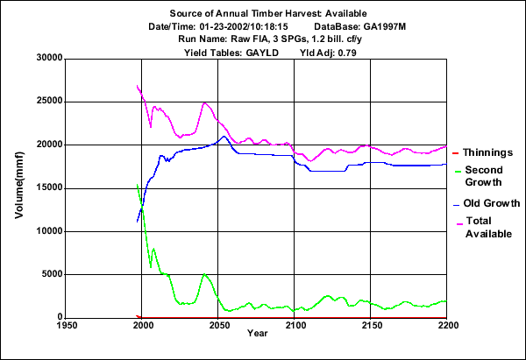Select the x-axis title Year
tap(257, 334)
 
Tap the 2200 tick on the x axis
tap(447, 325)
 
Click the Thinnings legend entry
tap(488, 152)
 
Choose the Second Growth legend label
tap(483, 176)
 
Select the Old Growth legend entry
tap(492, 203)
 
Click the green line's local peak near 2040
tap(204, 274)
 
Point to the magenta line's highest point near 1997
tap(138, 86)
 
